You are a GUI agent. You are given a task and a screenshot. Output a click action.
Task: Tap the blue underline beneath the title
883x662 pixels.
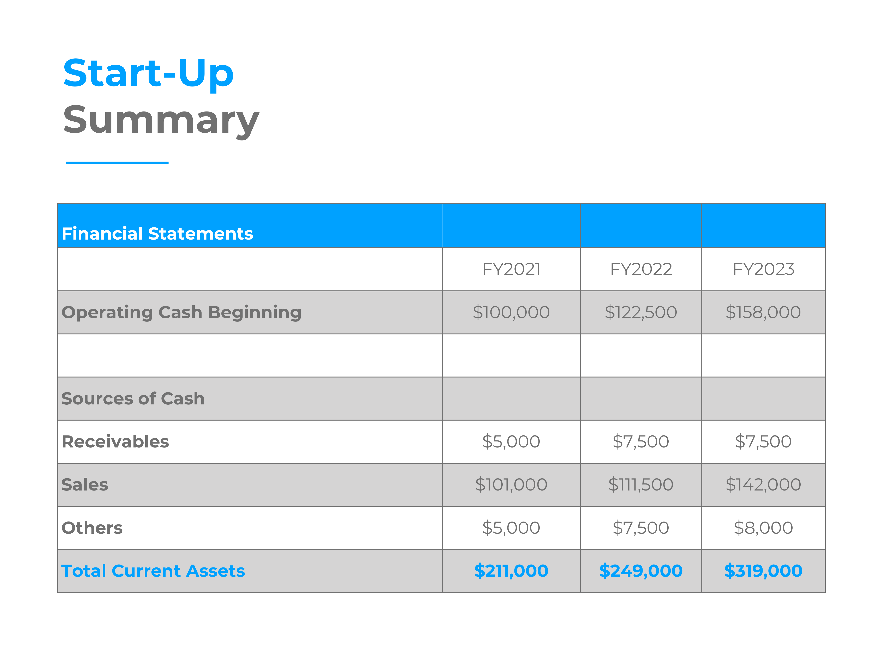pos(117,163)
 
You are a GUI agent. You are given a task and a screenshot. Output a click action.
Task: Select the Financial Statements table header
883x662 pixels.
pos(157,233)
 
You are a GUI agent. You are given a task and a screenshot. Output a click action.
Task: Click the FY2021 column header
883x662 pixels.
pos(511,269)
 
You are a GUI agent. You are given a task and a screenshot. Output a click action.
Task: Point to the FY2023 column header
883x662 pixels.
pos(763,269)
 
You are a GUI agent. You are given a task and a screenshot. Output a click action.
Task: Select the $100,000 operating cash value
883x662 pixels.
pos(511,312)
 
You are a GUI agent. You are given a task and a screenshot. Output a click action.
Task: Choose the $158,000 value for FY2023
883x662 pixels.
pos(763,312)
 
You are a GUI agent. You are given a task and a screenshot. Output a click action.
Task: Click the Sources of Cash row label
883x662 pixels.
pos(133,399)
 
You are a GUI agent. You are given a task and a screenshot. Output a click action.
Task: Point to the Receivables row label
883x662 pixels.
pos(115,442)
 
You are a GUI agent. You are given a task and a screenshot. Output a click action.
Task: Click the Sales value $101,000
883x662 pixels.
pos(511,485)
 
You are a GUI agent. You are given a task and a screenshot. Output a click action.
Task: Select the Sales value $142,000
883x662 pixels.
pos(763,485)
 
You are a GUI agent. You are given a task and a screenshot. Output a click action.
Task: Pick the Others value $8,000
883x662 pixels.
pos(763,528)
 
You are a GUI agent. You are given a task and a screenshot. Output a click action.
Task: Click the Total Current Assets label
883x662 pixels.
pos(153,571)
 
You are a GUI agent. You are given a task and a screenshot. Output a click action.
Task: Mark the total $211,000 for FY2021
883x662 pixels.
pos(511,571)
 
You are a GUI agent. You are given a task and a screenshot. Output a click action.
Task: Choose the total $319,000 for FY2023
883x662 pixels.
pos(763,571)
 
